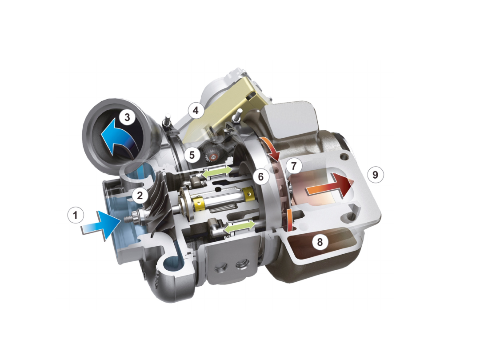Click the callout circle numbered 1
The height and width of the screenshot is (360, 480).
(76, 216)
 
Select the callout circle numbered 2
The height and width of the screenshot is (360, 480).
(140, 195)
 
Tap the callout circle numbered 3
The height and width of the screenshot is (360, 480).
(127, 117)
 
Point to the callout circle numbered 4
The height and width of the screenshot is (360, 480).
(196, 110)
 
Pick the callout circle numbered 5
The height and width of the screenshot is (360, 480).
(192, 155)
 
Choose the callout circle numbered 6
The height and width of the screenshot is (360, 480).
(261, 176)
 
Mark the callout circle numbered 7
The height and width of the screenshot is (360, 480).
(294, 166)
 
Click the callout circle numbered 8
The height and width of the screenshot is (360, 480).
(320, 242)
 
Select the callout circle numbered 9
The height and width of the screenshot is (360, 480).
(375, 175)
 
